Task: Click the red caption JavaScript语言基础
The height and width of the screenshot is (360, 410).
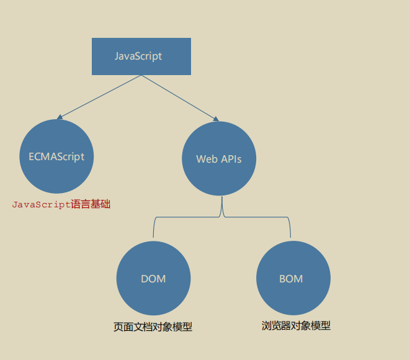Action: (x=61, y=204)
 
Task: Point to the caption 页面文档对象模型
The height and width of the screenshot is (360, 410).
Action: (x=153, y=327)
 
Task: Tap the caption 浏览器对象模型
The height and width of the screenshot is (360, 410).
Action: (x=296, y=325)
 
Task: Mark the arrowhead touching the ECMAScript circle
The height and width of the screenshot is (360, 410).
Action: (x=59, y=117)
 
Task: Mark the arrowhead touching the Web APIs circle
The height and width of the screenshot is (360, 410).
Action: (x=216, y=119)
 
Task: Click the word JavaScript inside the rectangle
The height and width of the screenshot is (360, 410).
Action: (x=138, y=56)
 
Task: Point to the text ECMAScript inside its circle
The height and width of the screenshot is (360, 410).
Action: (x=56, y=156)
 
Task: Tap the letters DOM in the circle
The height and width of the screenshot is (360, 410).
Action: (x=153, y=279)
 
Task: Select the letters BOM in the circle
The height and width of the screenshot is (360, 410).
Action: (x=291, y=279)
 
